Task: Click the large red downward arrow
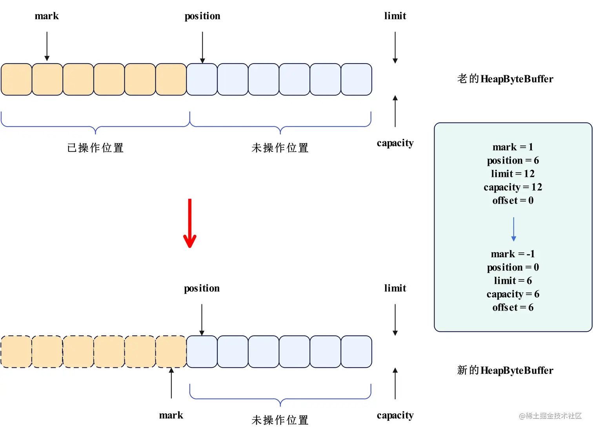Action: click(x=190, y=223)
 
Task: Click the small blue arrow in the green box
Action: click(x=513, y=229)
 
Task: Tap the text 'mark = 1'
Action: click(x=513, y=147)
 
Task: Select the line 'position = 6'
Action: click(x=513, y=160)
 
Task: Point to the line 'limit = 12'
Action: click(x=513, y=174)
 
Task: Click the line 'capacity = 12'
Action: click(x=513, y=187)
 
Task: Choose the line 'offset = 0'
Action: click(x=513, y=200)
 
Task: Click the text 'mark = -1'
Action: click(x=513, y=254)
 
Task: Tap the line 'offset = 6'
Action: click(x=513, y=307)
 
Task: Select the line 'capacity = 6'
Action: click(x=513, y=294)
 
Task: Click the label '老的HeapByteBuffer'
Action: click(x=505, y=79)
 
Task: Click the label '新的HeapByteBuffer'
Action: click(x=505, y=370)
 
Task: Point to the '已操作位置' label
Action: click(x=95, y=148)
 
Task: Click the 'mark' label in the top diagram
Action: click(x=47, y=16)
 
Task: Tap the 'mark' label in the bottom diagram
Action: click(x=171, y=415)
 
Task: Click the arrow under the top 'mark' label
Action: click(x=47, y=46)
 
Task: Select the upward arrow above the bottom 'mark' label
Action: click(x=171, y=383)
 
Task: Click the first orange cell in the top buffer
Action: click(x=16, y=79)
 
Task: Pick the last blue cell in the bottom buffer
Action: click(x=356, y=351)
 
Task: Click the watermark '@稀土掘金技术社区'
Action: click(x=550, y=416)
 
